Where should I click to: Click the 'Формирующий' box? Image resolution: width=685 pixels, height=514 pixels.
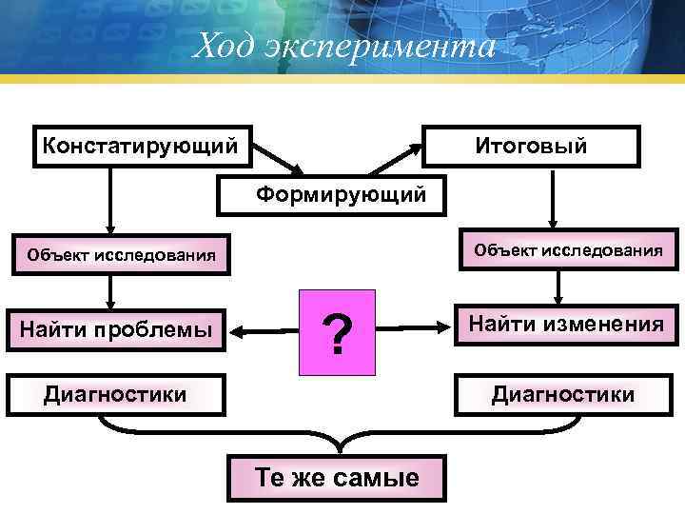coord(329,195)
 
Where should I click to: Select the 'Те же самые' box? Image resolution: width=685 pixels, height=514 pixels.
coord(336,478)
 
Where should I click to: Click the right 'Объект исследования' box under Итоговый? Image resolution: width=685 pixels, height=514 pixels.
coord(567,250)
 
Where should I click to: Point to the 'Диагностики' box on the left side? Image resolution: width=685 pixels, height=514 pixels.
coord(116,394)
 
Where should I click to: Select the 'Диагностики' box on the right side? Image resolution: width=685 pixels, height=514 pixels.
coord(561,394)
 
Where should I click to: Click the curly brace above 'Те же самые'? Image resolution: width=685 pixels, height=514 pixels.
coord(339,439)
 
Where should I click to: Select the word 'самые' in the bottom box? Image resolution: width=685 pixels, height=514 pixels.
coord(378,478)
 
